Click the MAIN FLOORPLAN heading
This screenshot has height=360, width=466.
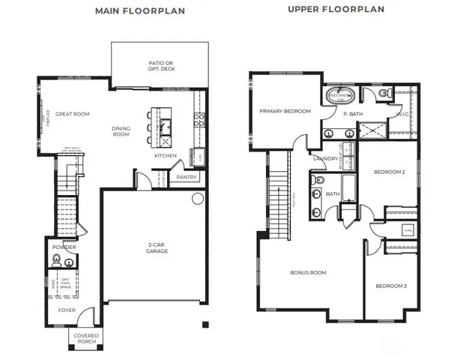point(140,11)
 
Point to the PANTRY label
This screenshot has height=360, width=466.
point(185,178)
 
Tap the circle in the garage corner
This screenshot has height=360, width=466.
point(198,199)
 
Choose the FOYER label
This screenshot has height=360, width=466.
point(67,309)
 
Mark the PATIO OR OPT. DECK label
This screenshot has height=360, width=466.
point(158,66)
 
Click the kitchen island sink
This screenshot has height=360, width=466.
point(164,124)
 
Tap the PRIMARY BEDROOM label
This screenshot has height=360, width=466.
point(285,111)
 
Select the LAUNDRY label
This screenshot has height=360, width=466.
point(324,158)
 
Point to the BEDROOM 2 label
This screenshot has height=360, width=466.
point(389,172)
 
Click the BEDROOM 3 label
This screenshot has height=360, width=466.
point(390,286)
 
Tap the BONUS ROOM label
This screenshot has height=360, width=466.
point(308,272)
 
